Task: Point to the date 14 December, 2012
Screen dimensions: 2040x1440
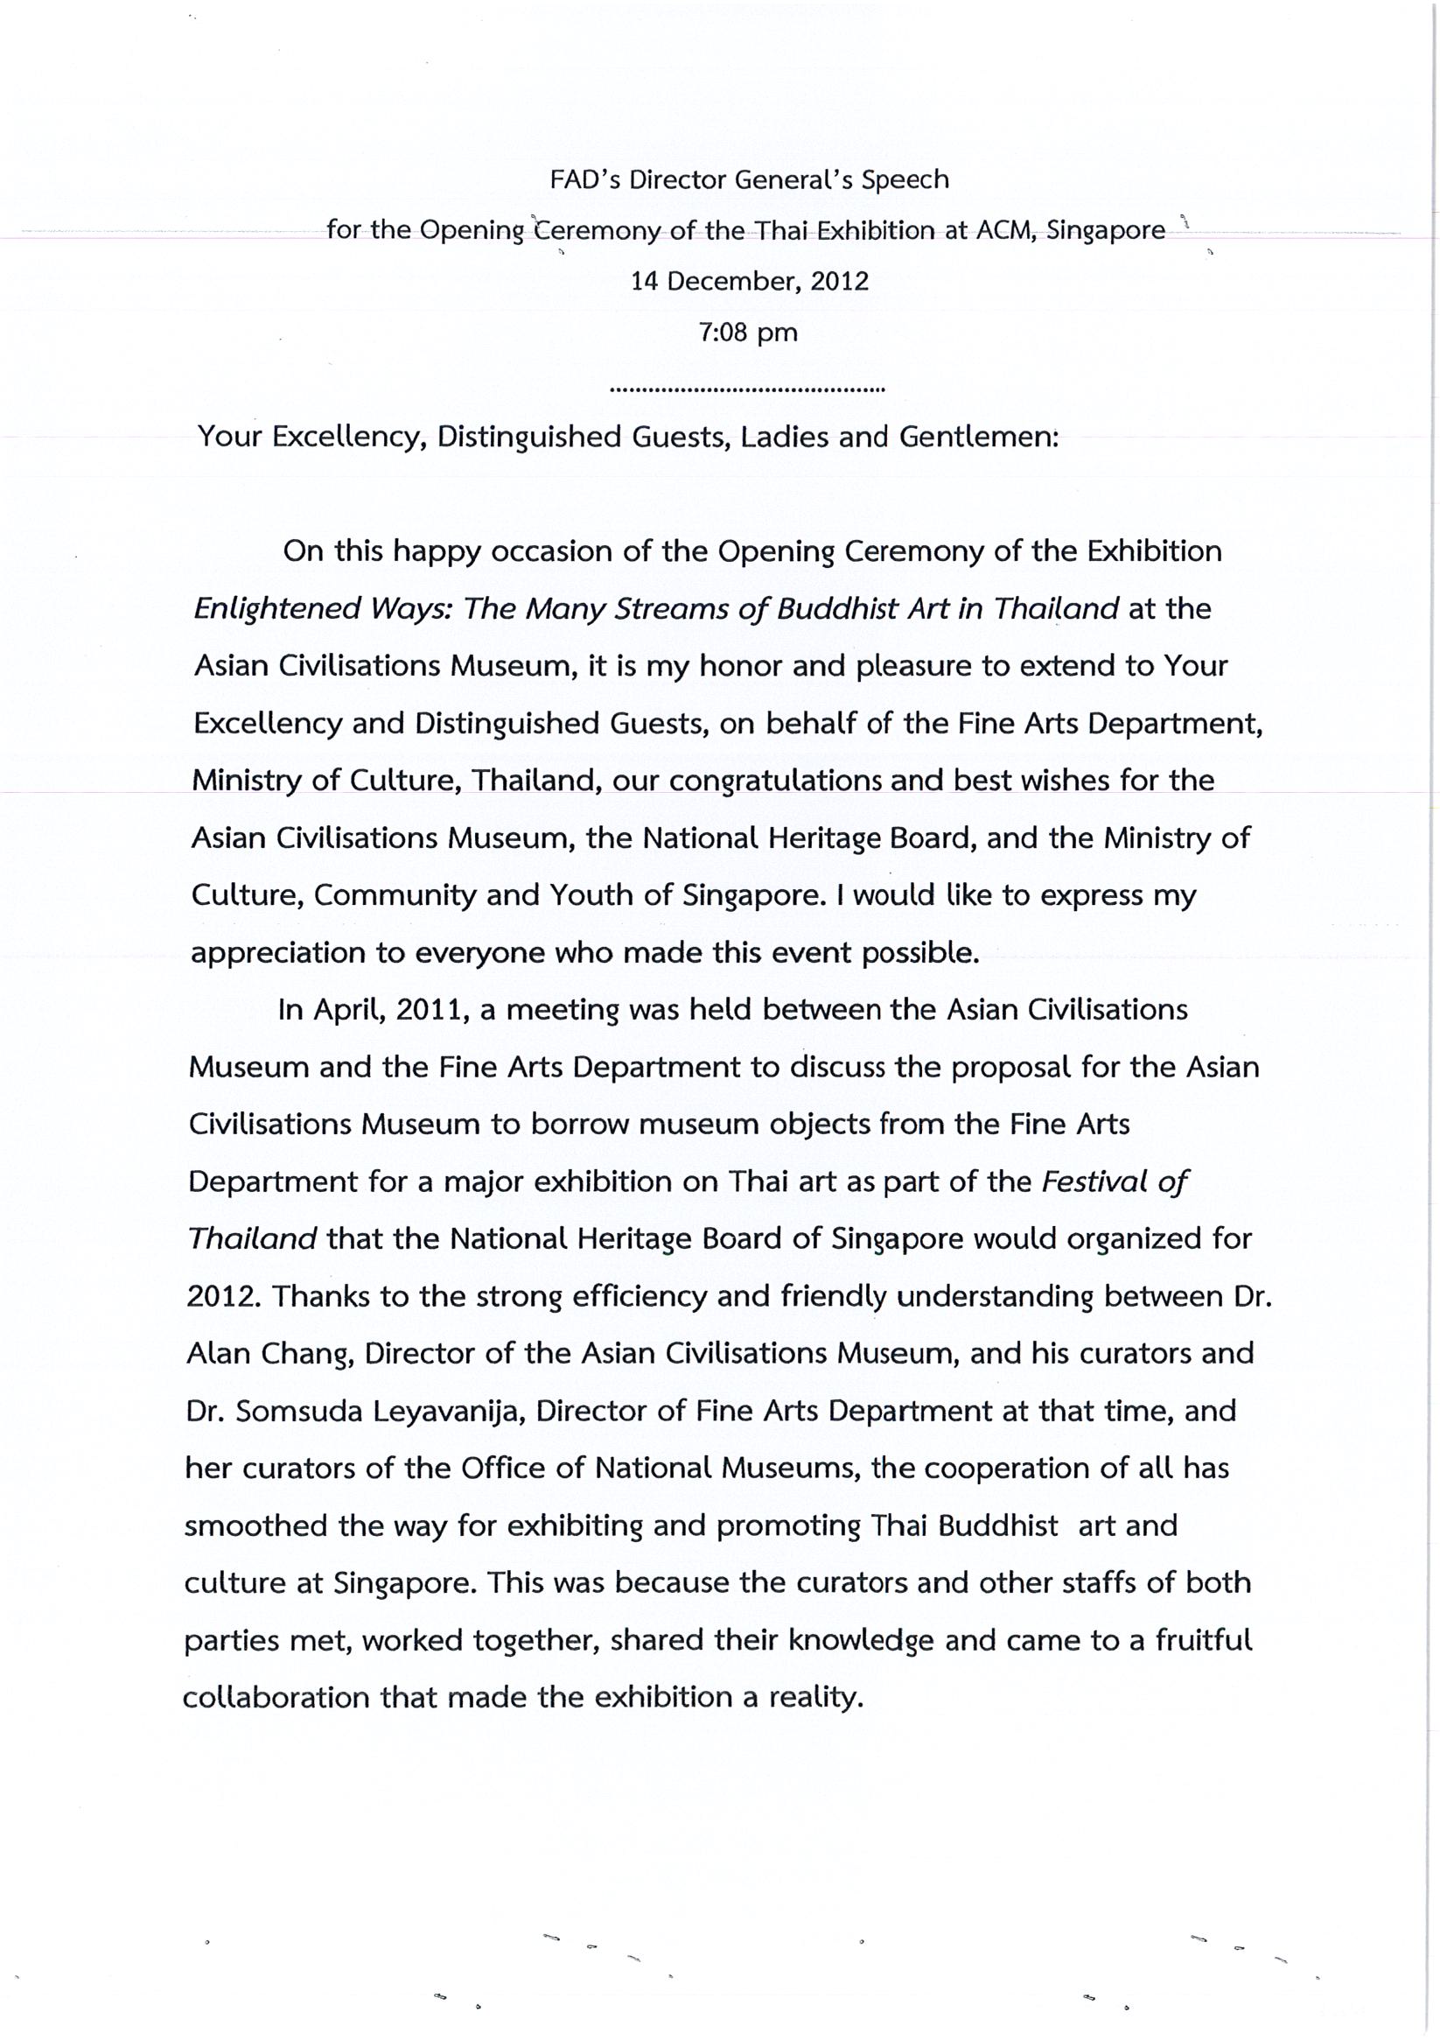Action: point(749,282)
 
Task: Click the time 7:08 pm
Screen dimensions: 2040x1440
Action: point(749,333)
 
